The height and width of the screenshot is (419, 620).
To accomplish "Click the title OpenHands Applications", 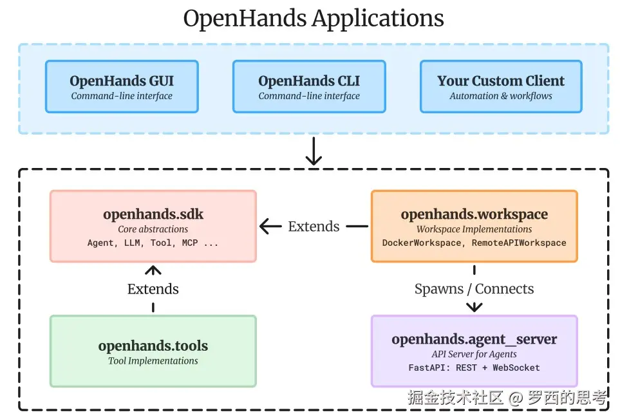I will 314,18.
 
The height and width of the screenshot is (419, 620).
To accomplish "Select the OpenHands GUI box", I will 122,87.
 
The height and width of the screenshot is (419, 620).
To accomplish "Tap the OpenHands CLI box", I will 309,87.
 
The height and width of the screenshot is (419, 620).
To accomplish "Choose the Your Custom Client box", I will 501,87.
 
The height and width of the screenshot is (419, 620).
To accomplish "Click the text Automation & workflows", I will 501,96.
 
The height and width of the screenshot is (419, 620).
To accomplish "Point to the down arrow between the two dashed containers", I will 314,151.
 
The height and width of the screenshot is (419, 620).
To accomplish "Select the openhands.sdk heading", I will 153,214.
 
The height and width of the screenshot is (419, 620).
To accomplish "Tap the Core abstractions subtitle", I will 153,229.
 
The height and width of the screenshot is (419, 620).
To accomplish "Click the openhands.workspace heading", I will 474,214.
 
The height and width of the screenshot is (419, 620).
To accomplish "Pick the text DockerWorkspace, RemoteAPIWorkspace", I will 474,243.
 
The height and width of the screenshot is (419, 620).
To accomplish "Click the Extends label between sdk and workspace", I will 314,226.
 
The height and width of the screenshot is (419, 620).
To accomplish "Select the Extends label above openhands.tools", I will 153,289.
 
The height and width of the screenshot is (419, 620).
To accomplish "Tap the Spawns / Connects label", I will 474,289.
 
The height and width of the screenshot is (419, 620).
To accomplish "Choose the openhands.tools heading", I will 153,346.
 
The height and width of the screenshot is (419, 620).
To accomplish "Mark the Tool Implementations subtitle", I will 153,361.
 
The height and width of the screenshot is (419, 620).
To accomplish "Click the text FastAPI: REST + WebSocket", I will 474,368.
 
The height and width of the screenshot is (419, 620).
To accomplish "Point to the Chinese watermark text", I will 507,397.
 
